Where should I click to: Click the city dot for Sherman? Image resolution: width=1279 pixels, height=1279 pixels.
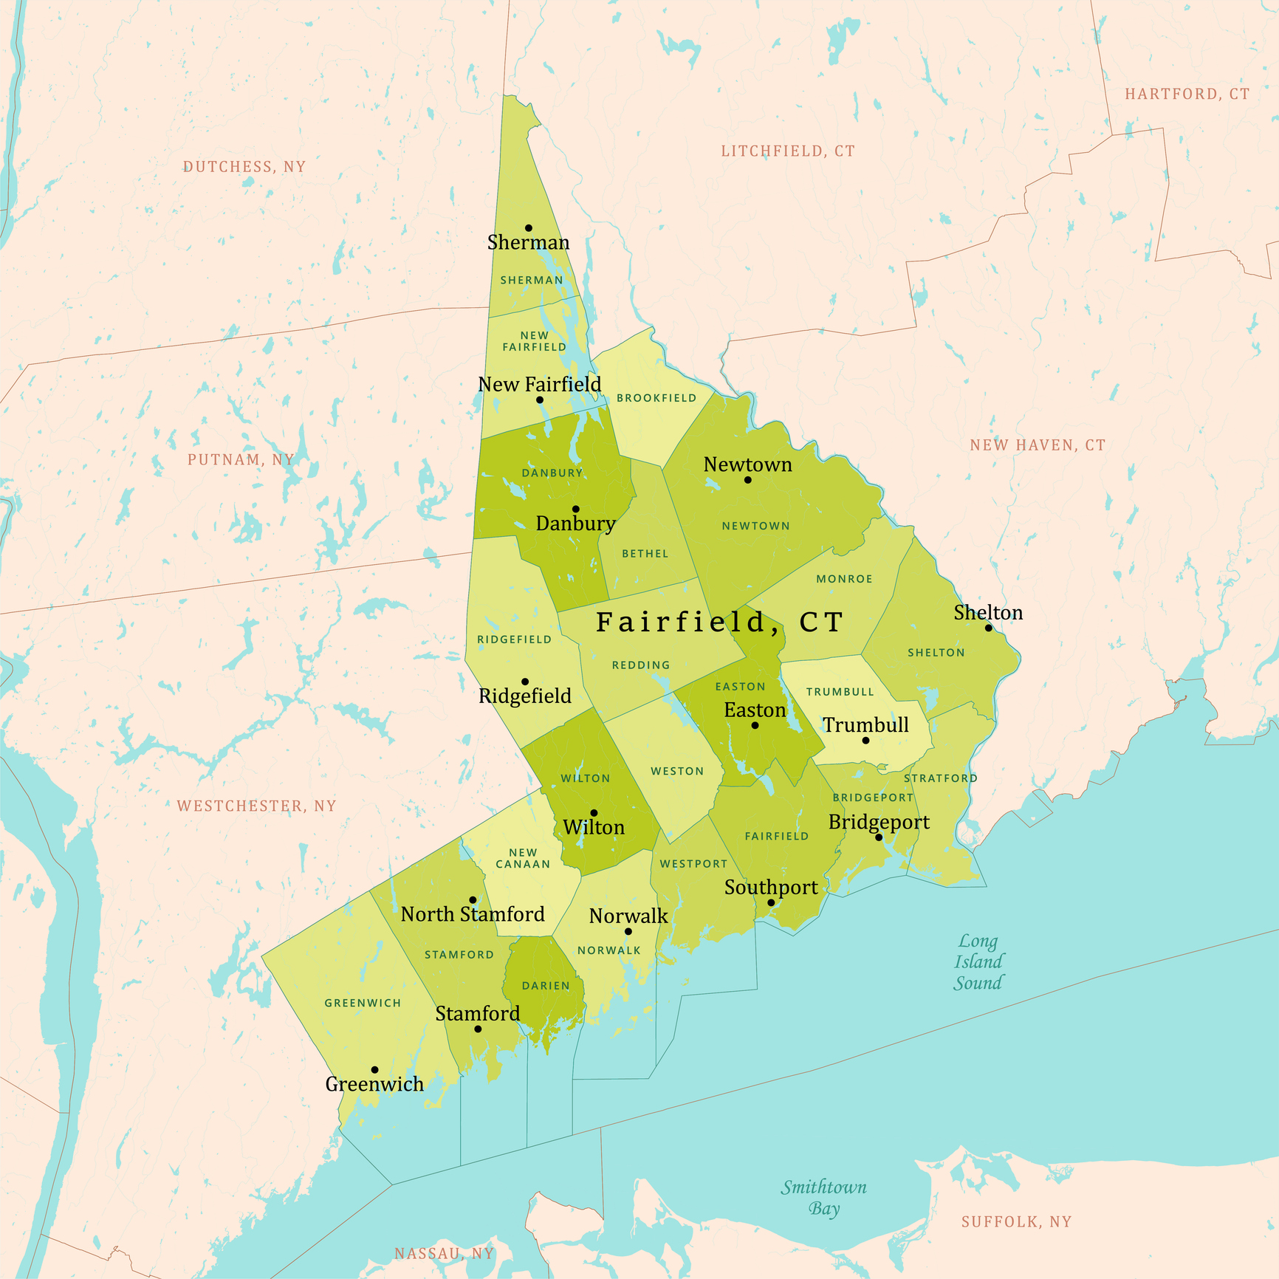click(529, 228)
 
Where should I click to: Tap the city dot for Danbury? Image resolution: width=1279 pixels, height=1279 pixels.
click(576, 509)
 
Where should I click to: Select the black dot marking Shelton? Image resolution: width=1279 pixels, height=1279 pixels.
click(989, 628)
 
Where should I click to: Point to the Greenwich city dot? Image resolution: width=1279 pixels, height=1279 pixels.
click(375, 1069)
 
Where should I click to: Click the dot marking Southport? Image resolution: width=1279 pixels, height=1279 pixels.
click(771, 902)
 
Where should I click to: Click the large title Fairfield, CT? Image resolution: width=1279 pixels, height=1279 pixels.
click(719, 623)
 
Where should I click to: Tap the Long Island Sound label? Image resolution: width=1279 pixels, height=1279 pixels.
click(978, 961)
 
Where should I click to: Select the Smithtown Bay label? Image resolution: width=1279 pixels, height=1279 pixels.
click(824, 1197)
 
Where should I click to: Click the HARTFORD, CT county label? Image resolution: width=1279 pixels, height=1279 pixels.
click(1187, 95)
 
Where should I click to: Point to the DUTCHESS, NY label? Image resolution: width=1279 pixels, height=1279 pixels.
click(244, 167)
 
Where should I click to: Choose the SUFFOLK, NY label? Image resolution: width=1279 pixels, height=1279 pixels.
click(1016, 1222)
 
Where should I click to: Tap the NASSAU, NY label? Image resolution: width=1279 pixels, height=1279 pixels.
click(444, 1254)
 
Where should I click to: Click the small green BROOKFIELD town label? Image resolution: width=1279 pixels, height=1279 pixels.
click(656, 398)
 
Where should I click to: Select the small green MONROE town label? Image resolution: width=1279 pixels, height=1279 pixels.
click(844, 579)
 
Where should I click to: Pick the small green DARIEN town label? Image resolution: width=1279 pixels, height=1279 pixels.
click(546, 986)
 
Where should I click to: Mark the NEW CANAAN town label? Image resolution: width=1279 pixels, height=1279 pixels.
click(523, 858)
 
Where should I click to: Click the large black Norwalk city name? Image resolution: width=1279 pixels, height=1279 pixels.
click(628, 916)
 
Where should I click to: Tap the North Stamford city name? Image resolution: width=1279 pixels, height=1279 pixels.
click(473, 914)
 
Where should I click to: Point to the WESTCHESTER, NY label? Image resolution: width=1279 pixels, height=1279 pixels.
click(256, 806)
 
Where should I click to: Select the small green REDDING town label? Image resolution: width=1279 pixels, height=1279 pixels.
click(641, 665)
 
